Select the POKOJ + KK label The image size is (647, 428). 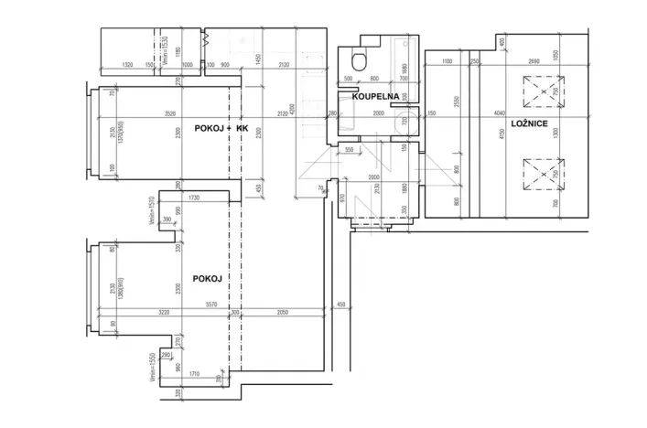coord(221,129)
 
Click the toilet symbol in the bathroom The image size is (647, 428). coord(360,60)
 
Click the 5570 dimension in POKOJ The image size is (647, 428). coord(211,305)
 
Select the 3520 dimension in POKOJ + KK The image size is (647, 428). coord(164,113)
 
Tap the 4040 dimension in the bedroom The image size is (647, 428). coord(499,113)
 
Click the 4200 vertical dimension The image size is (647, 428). coord(294,108)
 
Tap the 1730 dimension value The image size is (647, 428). coord(192,198)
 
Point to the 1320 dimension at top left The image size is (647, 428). coord(128,65)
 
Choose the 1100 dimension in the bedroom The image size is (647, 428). coord(446,60)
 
